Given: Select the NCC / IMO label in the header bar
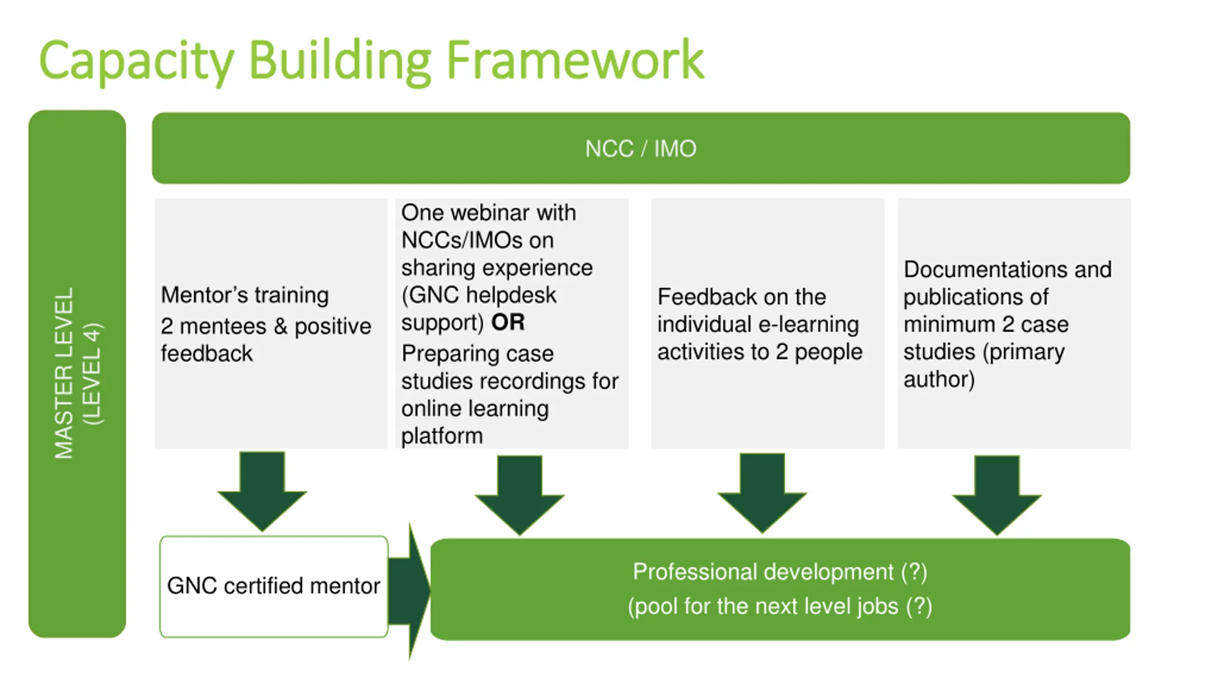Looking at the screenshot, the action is point(640,149).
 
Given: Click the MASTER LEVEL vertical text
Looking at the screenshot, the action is point(64,373).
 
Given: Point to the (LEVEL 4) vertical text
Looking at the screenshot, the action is point(92,373).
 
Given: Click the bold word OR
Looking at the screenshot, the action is point(508,323).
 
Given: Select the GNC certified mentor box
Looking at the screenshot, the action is point(274,587).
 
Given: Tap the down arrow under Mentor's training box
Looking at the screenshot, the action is point(262,491).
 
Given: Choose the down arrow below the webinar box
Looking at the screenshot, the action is point(520,495).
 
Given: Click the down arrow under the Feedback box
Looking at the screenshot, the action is point(762,493).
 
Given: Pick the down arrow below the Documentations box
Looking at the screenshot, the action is point(997,495).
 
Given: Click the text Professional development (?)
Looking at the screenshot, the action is point(780,572).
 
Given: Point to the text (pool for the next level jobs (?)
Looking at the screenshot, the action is point(780,607).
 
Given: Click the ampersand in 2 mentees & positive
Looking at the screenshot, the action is point(280,326).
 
